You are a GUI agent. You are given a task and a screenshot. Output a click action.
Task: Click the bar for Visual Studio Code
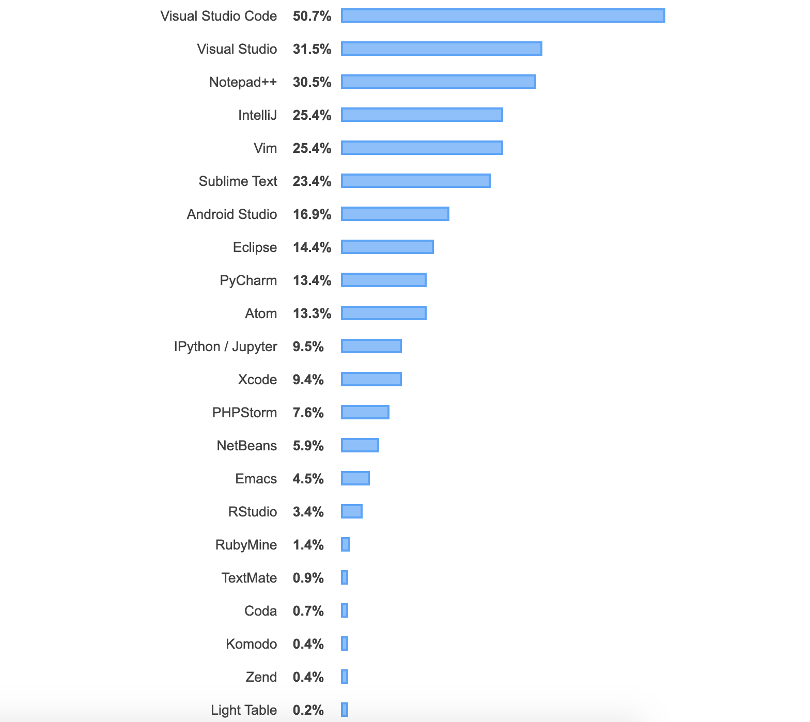pyautogui.click(x=503, y=16)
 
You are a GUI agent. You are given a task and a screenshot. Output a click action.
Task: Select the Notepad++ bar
pyautogui.click(x=438, y=82)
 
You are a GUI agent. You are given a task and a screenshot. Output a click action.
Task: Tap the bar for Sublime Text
pyautogui.click(x=415, y=181)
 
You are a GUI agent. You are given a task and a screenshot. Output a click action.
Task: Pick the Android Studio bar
pyautogui.click(x=395, y=214)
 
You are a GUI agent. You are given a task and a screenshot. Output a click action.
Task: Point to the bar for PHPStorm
pyautogui.click(x=365, y=413)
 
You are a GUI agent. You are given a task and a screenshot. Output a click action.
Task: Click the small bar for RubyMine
pyautogui.click(x=346, y=545)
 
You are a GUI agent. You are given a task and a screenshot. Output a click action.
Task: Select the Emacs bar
pyautogui.click(x=355, y=479)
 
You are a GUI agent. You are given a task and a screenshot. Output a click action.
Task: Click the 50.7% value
pyautogui.click(x=311, y=16)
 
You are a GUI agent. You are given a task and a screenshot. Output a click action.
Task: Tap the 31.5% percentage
pyautogui.click(x=311, y=49)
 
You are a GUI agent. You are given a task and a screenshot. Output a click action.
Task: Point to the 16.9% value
pyautogui.click(x=311, y=214)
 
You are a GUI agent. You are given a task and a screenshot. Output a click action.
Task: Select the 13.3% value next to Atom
pyautogui.click(x=311, y=313)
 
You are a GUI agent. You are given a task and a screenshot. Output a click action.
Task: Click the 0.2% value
pyautogui.click(x=308, y=710)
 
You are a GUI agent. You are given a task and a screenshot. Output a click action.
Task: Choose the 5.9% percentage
pyautogui.click(x=308, y=446)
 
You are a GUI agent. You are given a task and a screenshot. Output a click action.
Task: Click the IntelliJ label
pyautogui.click(x=257, y=115)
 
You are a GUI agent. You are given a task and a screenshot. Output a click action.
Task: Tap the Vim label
pyautogui.click(x=265, y=148)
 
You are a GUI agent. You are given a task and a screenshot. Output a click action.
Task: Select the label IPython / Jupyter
pyautogui.click(x=225, y=347)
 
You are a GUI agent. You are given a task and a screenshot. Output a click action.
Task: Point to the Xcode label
pyautogui.click(x=257, y=380)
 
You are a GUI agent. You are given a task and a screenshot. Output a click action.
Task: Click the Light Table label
pyautogui.click(x=243, y=710)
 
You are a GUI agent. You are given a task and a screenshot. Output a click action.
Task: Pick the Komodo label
pyautogui.click(x=251, y=644)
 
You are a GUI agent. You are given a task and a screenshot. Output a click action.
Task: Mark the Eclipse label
pyautogui.click(x=255, y=247)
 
